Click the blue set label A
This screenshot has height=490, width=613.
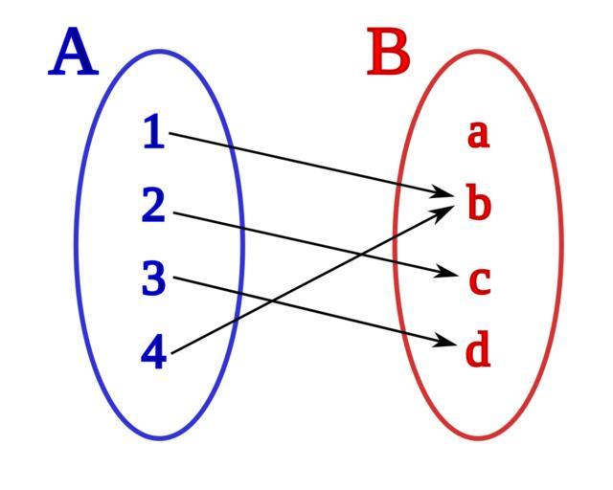point(74,54)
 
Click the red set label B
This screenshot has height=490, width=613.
point(389,54)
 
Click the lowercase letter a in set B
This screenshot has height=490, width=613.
point(478,134)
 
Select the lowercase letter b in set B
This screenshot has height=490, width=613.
point(478,204)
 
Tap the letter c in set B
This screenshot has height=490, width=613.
point(479,280)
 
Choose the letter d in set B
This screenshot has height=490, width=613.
point(478,351)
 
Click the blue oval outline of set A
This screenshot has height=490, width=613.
point(77,245)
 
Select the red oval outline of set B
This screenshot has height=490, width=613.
point(560,245)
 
